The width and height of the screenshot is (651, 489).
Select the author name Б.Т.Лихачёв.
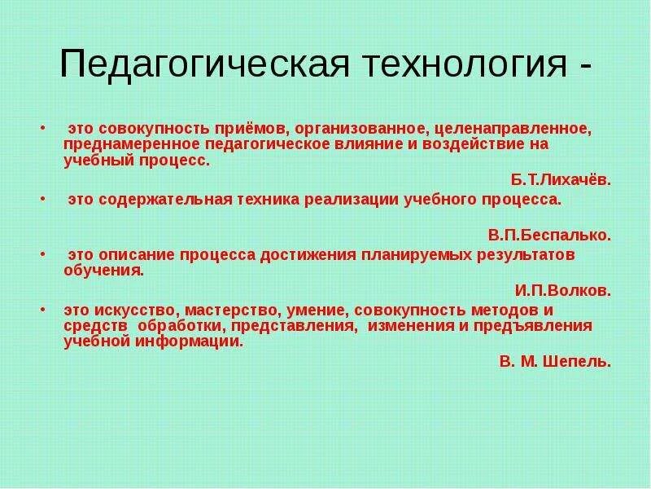[561, 181]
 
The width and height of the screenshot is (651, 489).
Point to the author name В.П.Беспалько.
[549, 236]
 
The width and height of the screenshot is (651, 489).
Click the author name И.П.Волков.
[562, 289]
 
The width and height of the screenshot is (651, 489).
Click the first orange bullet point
[42, 129]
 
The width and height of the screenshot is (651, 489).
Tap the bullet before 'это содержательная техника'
[42, 199]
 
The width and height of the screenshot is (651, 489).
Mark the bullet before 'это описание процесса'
[42, 254]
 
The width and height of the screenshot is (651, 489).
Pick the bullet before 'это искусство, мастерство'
[42, 311]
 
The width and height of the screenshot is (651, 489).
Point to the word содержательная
[167, 200]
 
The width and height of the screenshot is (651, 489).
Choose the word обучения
[103, 271]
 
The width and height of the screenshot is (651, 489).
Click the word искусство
[135, 311]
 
